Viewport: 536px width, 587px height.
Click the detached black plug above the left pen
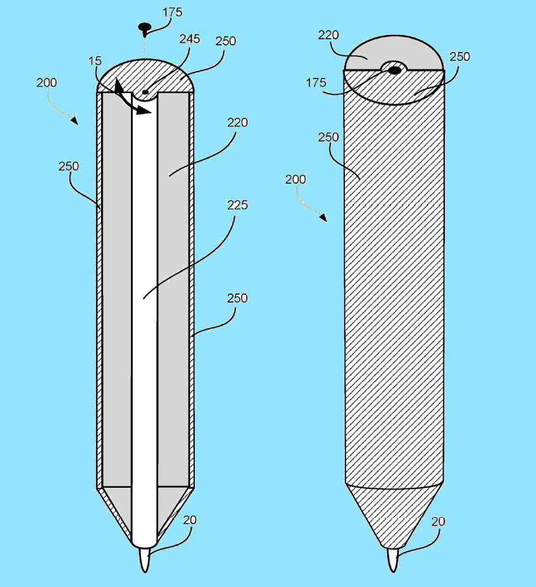(x=144, y=28)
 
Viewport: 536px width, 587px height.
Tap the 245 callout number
(x=189, y=39)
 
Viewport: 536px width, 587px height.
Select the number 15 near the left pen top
(x=95, y=61)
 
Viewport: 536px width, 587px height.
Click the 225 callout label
(x=237, y=205)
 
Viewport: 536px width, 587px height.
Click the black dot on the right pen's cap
(x=394, y=70)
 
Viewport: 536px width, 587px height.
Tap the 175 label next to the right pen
(x=316, y=82)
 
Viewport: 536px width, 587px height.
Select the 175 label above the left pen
(x=172, y=12)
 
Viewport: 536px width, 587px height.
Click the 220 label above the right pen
(x=328, y=35)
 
